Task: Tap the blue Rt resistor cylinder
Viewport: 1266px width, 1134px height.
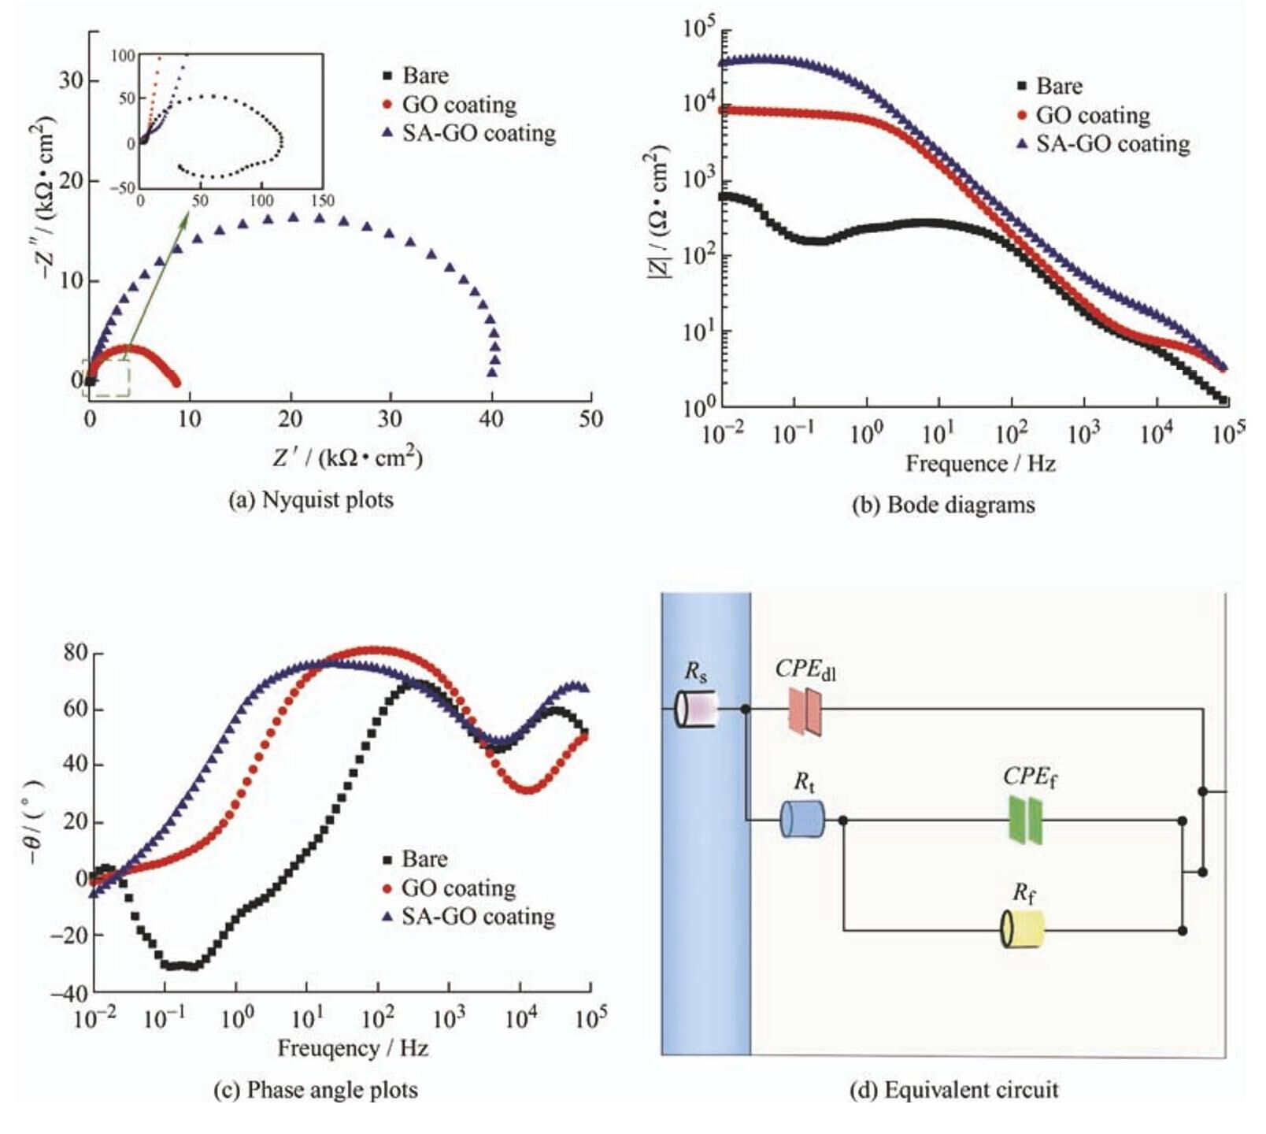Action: [x=801, y=819]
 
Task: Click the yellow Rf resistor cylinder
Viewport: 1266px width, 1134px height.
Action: [x=1023, y=929]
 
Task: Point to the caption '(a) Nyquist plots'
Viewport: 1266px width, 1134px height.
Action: [x=310, y=500]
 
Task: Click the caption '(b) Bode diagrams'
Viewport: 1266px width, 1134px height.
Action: [x=943, y=505]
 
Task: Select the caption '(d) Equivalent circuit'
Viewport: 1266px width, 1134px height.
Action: [x=953, y=1090]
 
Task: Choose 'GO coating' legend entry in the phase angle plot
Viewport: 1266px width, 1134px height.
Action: [x=450, y=888]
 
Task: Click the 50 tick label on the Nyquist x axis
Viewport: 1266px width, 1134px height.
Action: [x=590, y=419]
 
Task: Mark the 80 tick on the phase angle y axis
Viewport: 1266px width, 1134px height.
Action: [x=76, y=653]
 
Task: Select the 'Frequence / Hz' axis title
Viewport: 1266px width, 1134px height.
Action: [x=980, y=463]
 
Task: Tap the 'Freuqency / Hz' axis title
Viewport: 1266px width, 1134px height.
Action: [x=353, y=1048]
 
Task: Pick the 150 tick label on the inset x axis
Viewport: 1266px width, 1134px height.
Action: [x=322, y=201]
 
